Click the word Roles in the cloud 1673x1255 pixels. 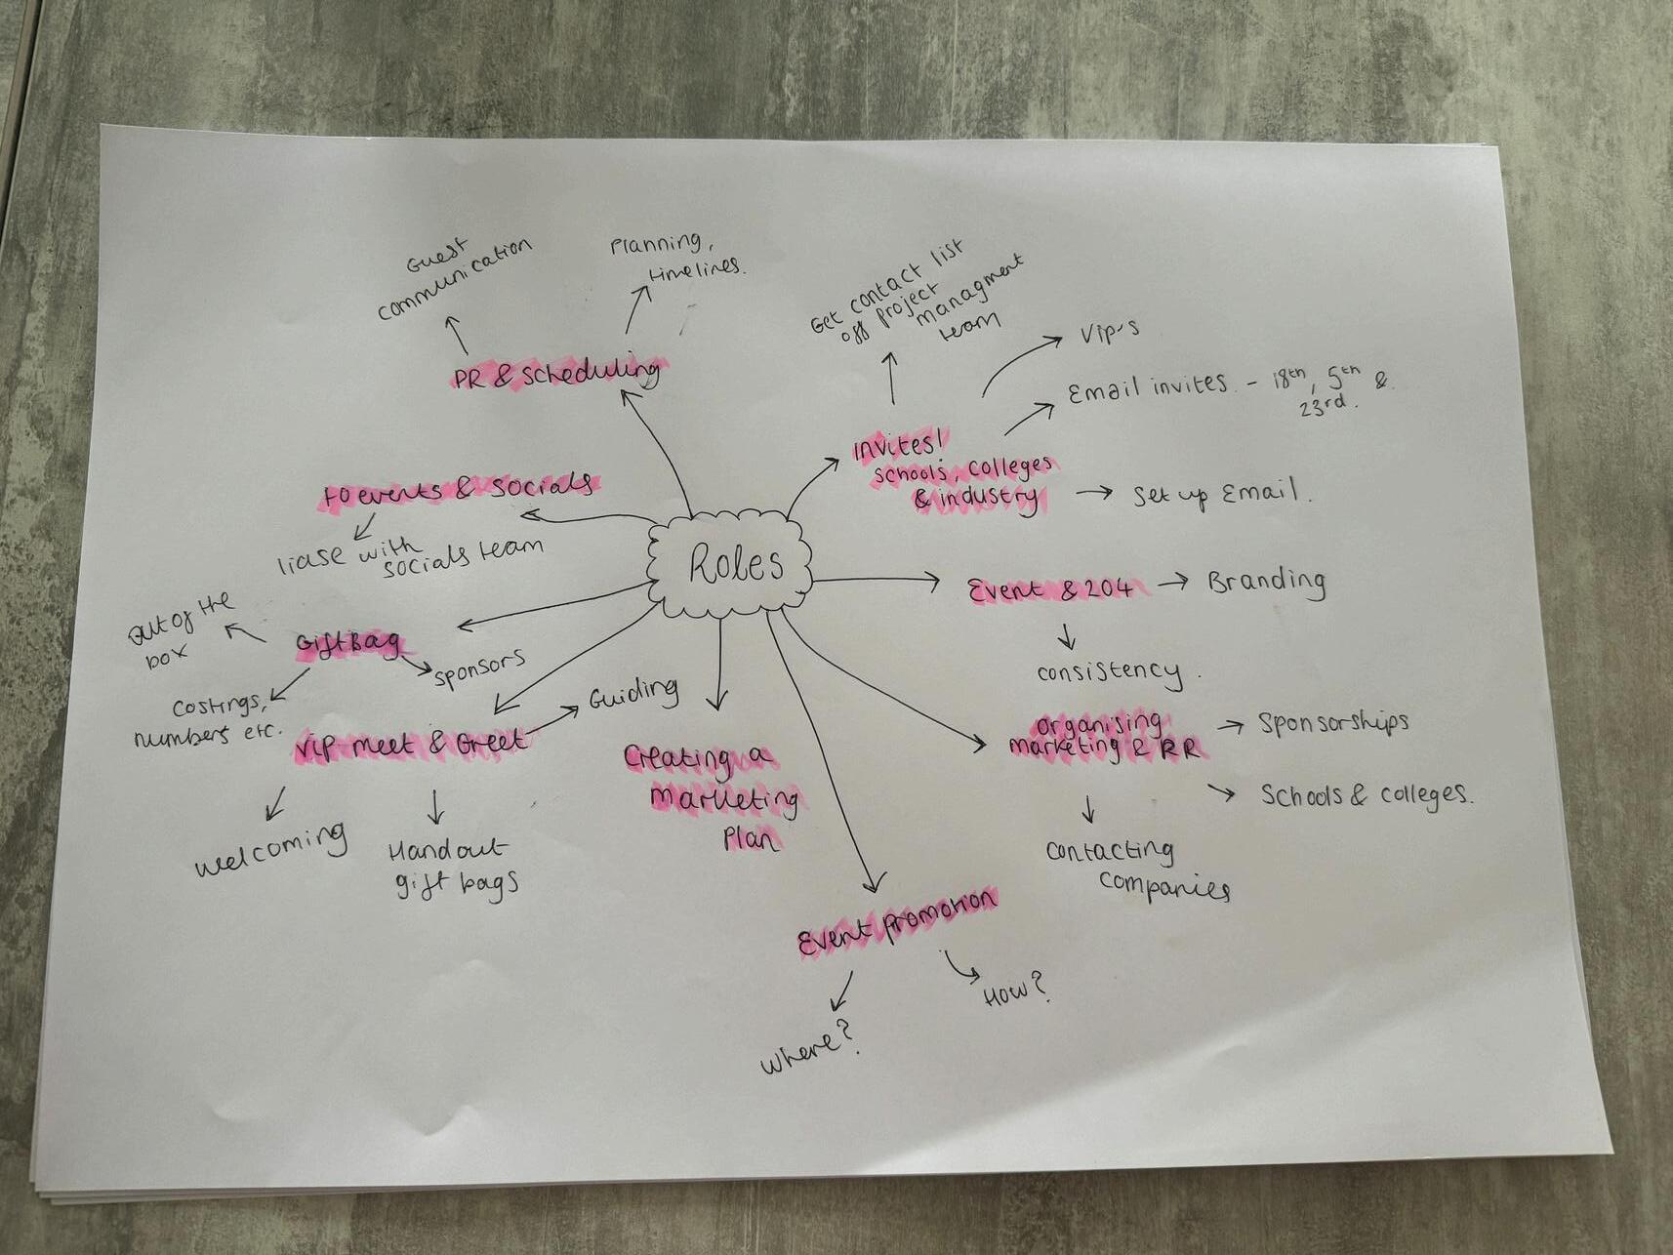click(x=735, y=563)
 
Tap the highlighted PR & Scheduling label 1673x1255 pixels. click(x=555, y=374)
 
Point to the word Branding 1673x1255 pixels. click(x=1266, y=583)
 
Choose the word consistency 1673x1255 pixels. click(x=1109, y=671)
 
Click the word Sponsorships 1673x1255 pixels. click(x=1332, y=723)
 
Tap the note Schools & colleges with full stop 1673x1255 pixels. click(x=1365, y=794)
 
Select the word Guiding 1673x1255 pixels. click(x=632, y=693)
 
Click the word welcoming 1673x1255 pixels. click(x=271, y=850)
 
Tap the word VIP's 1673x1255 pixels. click(x=1109, y=334)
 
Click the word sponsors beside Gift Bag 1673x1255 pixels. click(x=479, y=668)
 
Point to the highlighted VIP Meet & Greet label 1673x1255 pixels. click(x=410, y=745)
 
